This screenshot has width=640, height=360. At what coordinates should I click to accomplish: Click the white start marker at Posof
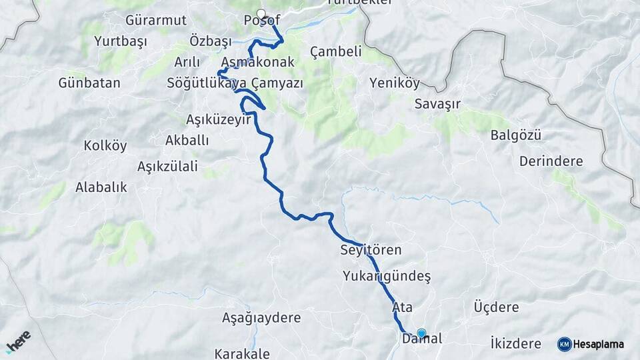[x=261, y=13]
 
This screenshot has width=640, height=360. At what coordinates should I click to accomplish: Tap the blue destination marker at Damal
[x=421, y=333]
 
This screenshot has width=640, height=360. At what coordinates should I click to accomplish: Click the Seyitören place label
[x=371, y=251]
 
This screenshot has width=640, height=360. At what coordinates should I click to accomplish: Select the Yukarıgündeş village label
[x=387, y=275]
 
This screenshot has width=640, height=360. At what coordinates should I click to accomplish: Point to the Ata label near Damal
[x=403, y=308]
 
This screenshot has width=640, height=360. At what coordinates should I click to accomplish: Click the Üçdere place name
[x=495, y=307]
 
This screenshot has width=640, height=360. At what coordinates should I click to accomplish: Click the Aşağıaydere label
[x=261, y=318]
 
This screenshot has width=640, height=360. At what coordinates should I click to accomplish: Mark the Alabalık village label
[x=101, y=187]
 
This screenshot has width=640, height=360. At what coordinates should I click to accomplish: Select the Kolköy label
[x=105, y=146]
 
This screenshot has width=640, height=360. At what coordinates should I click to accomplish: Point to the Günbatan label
[x=89, y=83]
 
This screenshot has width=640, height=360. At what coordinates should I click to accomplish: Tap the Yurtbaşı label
[x=120, y=41]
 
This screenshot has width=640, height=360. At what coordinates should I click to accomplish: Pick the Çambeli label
[x=336, y=51]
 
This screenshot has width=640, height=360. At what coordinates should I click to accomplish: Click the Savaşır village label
[x=437, y=103]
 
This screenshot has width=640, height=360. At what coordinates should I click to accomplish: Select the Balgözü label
[x=515, y=135]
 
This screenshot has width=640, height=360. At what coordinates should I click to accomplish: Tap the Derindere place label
[x=551, y=161]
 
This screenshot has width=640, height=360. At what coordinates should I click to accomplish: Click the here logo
[x=19, y=341]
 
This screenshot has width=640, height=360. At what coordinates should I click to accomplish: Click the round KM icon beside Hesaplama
[x=565, y=344]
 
